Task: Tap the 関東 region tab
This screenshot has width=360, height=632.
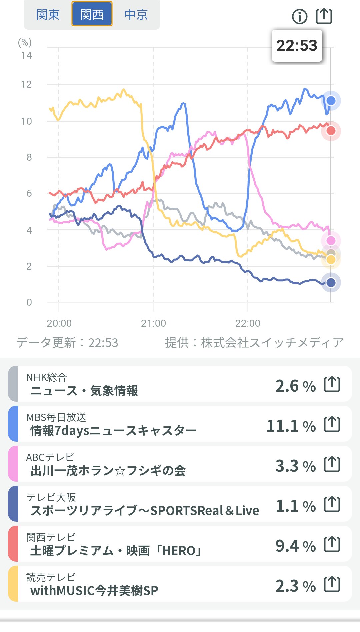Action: [x=48, y=15]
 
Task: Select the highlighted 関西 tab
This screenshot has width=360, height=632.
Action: [x=92, y=15]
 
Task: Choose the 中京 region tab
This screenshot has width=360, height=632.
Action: [x=136, y=15]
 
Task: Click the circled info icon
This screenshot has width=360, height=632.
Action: [x=299, y=16]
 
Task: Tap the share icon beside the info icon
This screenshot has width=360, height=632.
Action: [x=324, y=16]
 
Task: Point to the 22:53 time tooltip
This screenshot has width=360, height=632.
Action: [x=297, y=46]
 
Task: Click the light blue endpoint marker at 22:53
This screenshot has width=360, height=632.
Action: [x=331, y=101]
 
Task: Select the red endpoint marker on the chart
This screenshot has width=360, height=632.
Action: [x=331, y=131]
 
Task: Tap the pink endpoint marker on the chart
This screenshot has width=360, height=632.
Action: [x=331, y=240]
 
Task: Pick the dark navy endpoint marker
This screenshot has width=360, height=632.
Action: [x=331, y=283]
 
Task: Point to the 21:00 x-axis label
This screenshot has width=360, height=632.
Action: [x=153, y=323]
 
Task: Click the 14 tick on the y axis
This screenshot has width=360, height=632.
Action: [x=26, y=55]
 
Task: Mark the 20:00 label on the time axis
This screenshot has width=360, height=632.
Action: [x=59, y=323]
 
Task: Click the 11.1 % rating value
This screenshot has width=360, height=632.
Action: [x=291, y=426]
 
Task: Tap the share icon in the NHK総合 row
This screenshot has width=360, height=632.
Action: [x=332, y=384]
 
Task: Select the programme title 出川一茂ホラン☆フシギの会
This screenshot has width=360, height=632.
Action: [x=108, y=471]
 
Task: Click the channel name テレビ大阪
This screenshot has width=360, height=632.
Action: [x=51, y=497]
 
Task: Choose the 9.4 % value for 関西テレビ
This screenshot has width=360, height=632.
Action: [x=295, y=546]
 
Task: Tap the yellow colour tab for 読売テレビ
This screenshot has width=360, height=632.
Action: [x=13, y=584]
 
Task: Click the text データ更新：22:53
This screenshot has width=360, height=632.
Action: [x=67, y=343]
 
